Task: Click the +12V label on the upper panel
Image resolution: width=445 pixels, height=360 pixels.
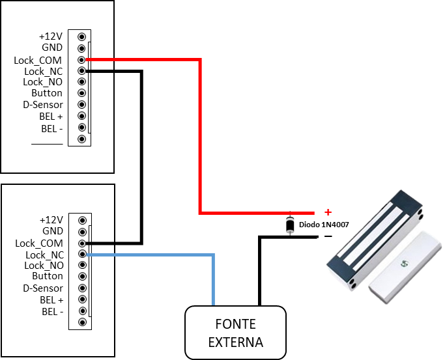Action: [x=50, y=36]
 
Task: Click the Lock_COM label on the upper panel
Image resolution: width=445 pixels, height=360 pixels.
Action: [x=38, y=61]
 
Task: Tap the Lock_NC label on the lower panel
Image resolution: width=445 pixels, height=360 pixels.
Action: [x=44, y=255]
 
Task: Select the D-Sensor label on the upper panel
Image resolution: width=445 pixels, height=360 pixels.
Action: [x=43, y=105]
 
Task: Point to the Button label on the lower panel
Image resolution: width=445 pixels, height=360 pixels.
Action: [x=48, y=277]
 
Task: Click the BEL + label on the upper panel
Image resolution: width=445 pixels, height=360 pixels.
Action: [x=51, y=116]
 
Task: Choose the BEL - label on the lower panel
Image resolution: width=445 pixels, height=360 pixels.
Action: [x=52, y=311]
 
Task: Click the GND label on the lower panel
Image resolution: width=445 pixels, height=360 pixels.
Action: [x=52, y=231]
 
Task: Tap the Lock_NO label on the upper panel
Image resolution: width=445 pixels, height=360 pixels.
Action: [x=42, y=82]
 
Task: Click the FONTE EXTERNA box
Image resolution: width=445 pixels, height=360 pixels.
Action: [x=235, y=333]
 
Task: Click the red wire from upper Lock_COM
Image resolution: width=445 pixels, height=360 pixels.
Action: [x=200, y=137]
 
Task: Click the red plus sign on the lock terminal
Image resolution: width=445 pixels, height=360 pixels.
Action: [x=328, y=212]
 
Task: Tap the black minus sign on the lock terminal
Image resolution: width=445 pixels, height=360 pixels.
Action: [x=328, y=236]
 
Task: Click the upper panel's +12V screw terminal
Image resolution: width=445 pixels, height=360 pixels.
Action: [x=81, y=36]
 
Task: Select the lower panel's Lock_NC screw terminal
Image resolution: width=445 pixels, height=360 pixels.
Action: [x=82, y=255]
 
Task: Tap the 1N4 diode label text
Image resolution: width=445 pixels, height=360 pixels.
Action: [x=328, y=224]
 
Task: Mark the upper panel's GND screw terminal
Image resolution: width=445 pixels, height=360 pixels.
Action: [x=81, y=48]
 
